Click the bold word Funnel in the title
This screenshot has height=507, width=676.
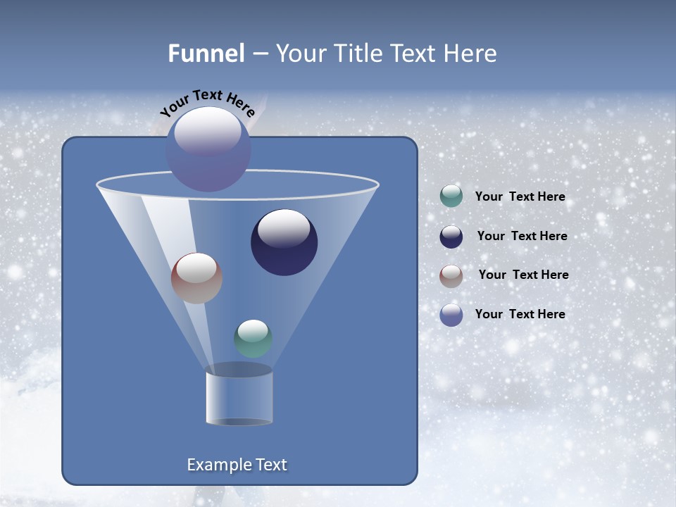(206, 54)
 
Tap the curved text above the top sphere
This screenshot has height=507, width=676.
(207, 102)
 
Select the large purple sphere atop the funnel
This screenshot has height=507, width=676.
(208, 149)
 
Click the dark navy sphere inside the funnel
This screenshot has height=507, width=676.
(284, 242)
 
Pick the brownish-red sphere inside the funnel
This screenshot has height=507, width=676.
(196, 278)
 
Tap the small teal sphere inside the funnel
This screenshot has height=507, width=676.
(253, 339)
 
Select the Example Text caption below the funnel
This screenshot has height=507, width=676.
(237, 465)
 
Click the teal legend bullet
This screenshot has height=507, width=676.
(451, 196)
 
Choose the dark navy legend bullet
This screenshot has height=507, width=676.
(451, 236)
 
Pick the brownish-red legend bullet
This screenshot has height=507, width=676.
(451, 275)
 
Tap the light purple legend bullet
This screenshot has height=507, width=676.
(451, 315)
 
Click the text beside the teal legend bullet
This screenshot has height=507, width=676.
(520, 197)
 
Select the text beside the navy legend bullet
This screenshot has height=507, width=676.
(522, 237)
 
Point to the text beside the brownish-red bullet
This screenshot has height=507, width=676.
(523, 275)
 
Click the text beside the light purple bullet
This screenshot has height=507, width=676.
(520, 314)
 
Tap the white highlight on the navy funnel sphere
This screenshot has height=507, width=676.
(284, 229)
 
